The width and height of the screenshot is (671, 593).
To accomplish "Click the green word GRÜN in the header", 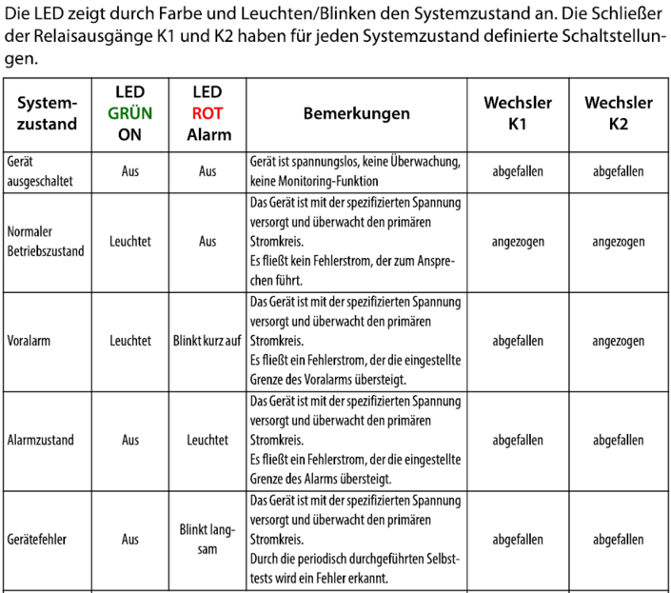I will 129,112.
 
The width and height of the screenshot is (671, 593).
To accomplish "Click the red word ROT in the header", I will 208,112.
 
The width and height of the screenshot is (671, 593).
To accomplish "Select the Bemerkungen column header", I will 356,113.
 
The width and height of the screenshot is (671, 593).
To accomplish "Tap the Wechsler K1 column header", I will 517,113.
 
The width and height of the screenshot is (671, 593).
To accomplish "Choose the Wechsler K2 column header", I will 618,113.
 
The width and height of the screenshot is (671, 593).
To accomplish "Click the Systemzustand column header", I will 48,113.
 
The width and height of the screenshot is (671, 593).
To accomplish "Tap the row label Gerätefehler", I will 35,539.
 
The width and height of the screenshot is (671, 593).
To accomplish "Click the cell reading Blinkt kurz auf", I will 208,341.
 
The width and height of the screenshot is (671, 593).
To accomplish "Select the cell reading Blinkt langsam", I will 208,539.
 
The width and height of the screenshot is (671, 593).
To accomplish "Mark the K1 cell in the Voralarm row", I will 517,341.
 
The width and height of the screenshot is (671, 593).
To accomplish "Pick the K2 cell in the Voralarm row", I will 618,341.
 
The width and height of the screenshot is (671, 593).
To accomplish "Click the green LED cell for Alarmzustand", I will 129,440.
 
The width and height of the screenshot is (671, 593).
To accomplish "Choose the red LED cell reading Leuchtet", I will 208,440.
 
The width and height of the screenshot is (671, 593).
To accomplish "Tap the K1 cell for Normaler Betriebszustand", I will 517,242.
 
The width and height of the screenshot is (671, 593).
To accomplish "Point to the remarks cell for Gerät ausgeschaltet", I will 356,171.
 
